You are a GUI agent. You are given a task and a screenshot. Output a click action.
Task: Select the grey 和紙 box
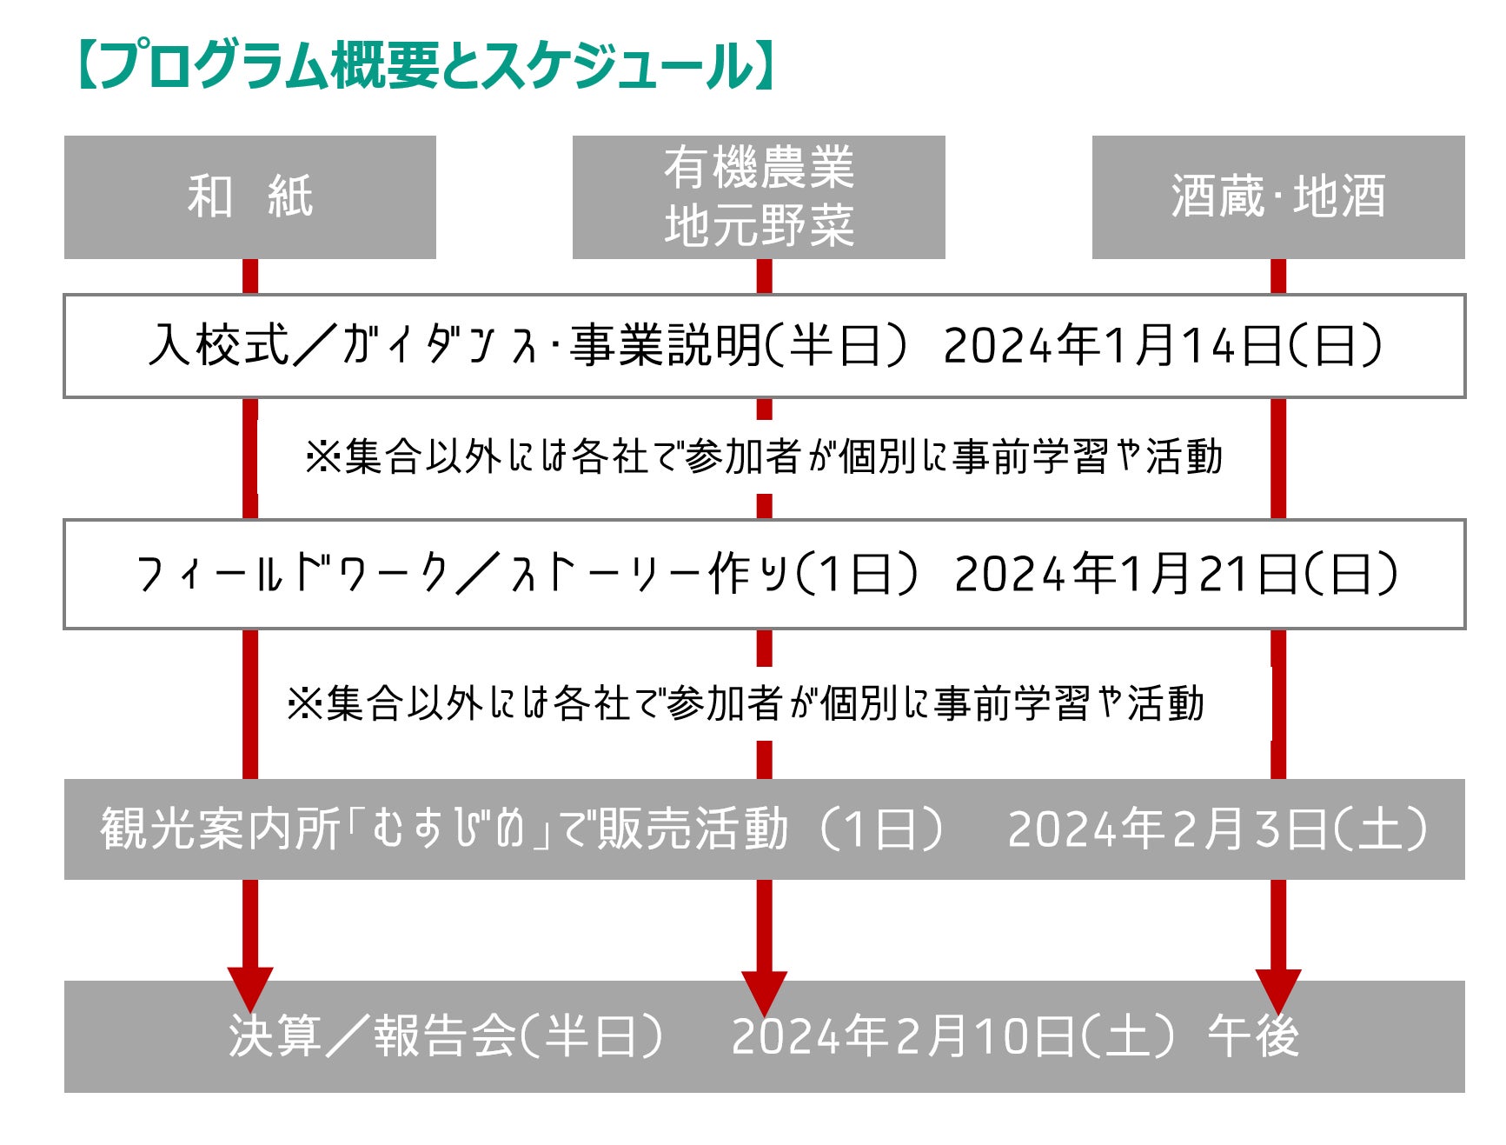pyautogui.click(x=250, y=197)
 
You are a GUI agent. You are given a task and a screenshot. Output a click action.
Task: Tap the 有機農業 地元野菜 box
pyautogui.click(x=759, y=197)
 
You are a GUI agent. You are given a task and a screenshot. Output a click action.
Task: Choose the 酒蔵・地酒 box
pyautogui.click(x=1277, y=197)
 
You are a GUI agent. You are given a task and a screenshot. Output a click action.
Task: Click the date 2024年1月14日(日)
pyautogui.click(x=1163, y=346)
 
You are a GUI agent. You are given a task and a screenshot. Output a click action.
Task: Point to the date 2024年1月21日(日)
pyautogui.click(x=1176, y=574)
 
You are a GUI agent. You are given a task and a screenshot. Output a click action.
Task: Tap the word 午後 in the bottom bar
pyautogui.click(x=1253, y=1036)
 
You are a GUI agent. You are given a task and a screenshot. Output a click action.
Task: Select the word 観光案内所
pyautogui.click(x=220, y=829)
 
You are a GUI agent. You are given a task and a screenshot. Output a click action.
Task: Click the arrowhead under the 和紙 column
pyautogui.click(x=250, y=987)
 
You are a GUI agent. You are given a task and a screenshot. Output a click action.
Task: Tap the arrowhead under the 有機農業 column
pyautogui.click(x=764, y=989)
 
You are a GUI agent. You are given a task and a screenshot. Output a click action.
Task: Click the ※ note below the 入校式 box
pyautogui.click(x=764, y=457)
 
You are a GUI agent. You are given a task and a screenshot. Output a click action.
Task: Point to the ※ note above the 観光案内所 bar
pyautogui.click(x=746, y=703)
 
